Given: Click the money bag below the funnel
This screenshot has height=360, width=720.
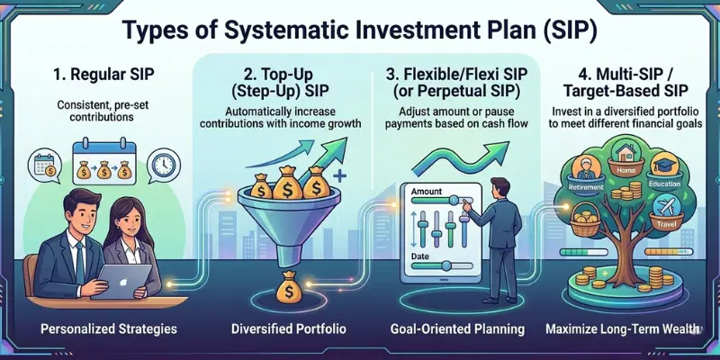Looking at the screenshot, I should [289, 283].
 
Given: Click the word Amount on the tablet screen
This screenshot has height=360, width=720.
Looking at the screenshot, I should [427, 193].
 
